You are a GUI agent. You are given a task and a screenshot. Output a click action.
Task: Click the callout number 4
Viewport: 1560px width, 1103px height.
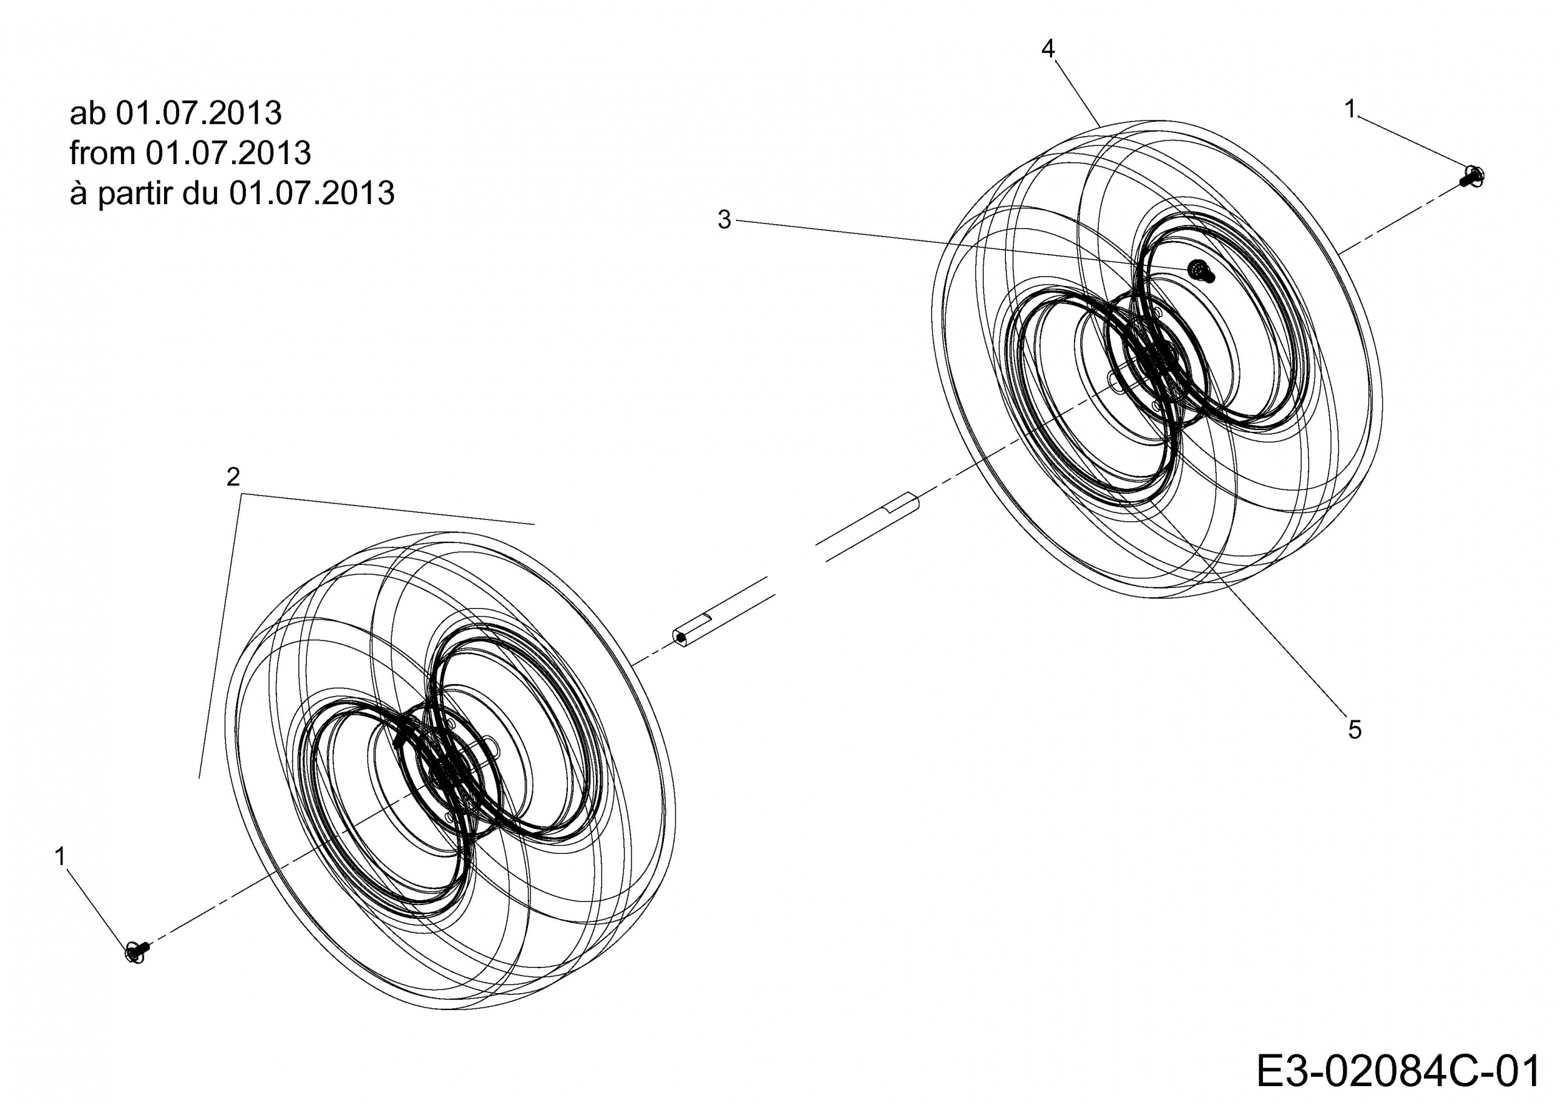1048,49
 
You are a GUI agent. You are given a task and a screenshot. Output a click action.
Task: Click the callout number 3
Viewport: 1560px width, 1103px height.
724,220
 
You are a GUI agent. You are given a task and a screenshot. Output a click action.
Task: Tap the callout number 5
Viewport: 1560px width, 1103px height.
1355,730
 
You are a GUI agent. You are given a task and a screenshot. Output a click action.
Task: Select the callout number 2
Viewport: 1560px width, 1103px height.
233,477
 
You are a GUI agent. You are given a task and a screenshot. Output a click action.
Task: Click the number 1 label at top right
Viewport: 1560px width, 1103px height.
1350,109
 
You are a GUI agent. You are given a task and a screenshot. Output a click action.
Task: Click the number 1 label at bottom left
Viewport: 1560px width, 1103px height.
61,857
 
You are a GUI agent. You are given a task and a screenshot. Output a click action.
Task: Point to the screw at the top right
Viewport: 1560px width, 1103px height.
1473,177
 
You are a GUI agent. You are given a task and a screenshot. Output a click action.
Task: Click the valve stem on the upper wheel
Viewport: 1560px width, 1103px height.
1201,271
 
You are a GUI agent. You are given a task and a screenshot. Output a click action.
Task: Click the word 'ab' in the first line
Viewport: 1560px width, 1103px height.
87,113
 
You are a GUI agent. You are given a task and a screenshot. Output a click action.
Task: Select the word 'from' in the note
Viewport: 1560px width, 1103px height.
102,153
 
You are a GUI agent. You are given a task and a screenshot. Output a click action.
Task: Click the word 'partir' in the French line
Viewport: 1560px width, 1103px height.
137,194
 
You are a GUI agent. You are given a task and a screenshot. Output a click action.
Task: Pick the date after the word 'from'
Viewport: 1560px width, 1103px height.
228,153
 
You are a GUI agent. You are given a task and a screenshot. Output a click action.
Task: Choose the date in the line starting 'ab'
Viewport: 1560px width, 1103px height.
198,113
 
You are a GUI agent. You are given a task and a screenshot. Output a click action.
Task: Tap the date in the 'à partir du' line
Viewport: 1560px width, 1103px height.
312,193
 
